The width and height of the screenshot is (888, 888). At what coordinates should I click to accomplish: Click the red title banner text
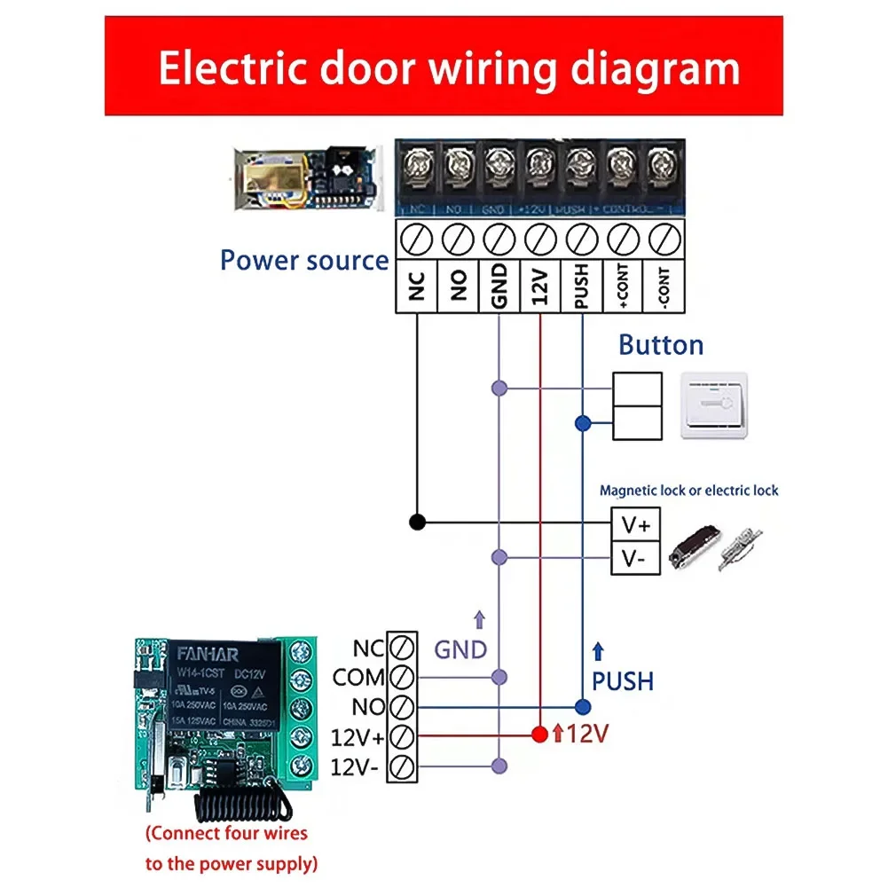tap(448, 68)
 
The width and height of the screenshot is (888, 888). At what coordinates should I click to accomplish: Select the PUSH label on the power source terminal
tap(581, 287)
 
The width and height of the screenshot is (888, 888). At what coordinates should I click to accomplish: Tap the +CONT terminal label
tap(623, 287)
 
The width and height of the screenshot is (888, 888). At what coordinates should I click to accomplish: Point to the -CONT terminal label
tap(664, 287)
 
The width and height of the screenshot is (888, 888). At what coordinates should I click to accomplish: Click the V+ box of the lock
tap(636, 525)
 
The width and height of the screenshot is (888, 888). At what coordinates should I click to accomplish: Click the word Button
tap(661, 345)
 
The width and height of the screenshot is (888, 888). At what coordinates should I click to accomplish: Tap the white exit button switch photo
tap(713, 405)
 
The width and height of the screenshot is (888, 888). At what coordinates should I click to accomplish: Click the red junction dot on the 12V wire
tap(538, 735)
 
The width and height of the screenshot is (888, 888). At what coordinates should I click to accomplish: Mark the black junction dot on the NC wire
tap(417, 522)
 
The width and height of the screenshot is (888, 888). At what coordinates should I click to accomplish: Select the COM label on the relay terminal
tap(358, 679)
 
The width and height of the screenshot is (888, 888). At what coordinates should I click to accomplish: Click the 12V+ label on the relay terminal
tap(357, 737)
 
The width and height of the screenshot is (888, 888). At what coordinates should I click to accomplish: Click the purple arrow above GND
tap(480, 619)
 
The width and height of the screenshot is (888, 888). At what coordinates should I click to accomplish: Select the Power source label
tap(304, 261)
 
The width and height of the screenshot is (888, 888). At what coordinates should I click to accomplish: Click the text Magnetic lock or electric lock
tap(688, 491)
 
